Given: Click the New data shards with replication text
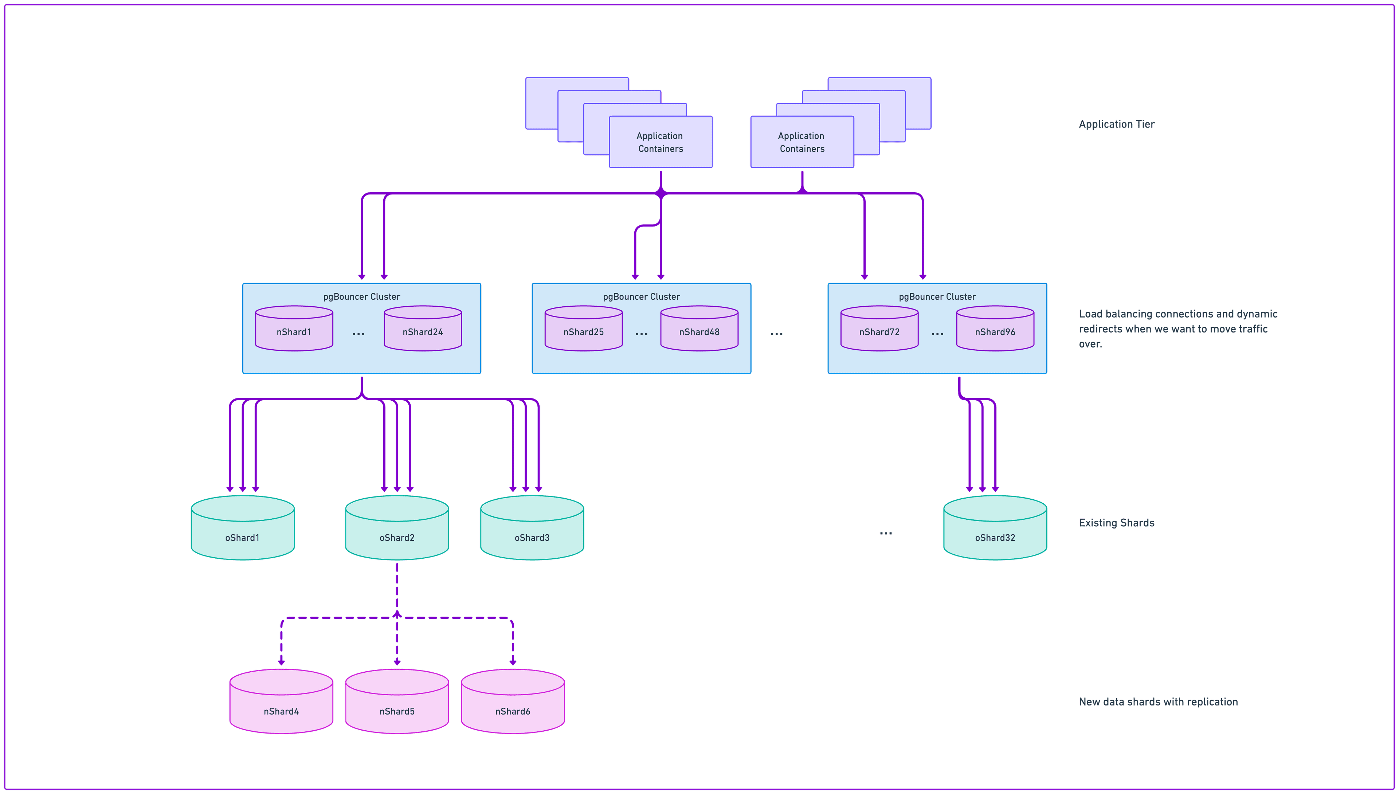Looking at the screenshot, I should (1158, 702).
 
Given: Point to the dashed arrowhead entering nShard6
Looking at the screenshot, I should (513, 662).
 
